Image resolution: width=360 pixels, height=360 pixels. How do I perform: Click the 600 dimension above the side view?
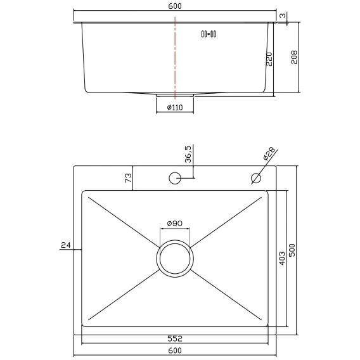pyautogui.click(x=175, y=6)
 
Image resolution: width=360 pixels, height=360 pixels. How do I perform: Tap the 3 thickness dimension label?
pyautogui.click(x=283, y=15)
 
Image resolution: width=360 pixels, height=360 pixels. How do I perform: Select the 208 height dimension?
pyautogui.click(x=294, y=58)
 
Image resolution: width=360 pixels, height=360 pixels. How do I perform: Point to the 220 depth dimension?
pyautogui.click(x=269, y=59)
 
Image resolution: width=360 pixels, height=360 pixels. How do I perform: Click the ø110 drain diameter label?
pyautogui.click(x=175, y=107)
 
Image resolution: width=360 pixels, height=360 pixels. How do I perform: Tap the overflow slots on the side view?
pyautogui.click(x=209, y=34)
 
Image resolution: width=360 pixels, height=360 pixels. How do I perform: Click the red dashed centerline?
pyautogui.click(x=175, y=58)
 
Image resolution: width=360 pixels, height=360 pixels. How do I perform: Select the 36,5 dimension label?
pyautogui.click(x=188, y=154)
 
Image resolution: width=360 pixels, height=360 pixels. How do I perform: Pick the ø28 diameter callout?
pyautogui.click(x=269, y=153)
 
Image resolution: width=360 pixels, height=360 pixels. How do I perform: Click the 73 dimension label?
pyautogui.click(x=128, y=178)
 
